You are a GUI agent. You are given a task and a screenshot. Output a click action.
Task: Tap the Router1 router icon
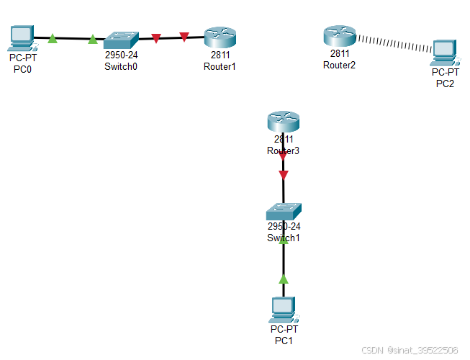click(220, 37)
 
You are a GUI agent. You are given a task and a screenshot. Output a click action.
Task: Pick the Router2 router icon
click(339, 35)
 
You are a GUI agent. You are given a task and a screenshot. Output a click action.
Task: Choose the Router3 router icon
click(282, 122)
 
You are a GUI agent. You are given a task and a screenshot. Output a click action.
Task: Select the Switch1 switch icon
click(283, 212)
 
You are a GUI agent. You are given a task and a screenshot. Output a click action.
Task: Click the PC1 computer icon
click(284, 308)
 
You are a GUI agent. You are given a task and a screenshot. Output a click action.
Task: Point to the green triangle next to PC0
click(53, 38)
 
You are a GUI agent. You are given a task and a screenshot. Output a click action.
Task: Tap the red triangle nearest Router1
click(184, 36)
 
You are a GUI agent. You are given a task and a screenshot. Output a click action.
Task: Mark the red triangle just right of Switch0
click(156, 37)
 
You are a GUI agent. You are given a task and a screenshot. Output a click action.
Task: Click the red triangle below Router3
click(283, 175)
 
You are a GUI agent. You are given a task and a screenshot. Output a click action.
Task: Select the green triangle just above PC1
click(284, 278)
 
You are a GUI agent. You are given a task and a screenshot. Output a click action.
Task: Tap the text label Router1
click(220, 66)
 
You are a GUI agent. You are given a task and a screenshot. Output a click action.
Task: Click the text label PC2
click(446, 84)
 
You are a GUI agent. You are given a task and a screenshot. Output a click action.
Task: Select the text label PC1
click(282, 340)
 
